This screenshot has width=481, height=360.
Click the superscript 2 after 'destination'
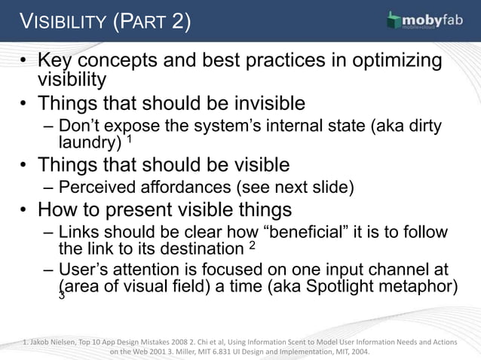click(x=253, y=245)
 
